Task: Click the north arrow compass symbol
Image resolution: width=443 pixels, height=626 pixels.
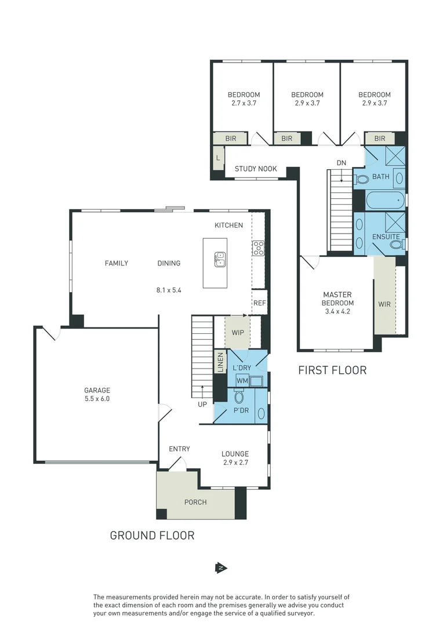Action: [221, 567]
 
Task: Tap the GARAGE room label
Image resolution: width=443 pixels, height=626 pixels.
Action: [97, 390]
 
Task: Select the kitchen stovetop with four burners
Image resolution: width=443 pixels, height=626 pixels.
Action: [258, 248]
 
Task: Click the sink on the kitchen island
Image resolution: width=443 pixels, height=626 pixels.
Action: [220, 259]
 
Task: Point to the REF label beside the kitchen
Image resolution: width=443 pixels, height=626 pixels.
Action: [260, 303]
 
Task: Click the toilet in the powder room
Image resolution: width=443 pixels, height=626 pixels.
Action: [239, 396]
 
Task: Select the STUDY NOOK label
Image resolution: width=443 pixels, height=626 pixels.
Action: [256, 169]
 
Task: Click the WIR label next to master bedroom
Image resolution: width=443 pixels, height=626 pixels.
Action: [384, 304]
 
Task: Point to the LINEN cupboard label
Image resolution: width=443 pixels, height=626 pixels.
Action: [220, 362]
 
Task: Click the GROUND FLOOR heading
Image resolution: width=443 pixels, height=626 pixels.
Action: [152, 536]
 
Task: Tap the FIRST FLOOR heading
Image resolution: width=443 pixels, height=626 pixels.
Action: [332, 370]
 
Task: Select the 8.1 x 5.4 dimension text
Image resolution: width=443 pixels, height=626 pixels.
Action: [169, 290]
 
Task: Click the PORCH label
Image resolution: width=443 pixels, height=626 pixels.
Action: [195, 502]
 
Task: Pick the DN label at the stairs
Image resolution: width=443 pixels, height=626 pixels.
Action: [341, 163]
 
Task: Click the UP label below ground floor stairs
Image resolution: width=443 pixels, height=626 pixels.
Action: [202, 405]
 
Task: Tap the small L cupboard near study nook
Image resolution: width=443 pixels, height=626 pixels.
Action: [218, 158]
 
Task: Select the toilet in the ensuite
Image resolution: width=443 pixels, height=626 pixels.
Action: [397, 244]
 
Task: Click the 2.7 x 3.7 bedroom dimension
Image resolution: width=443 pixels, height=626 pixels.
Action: [244, 103]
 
